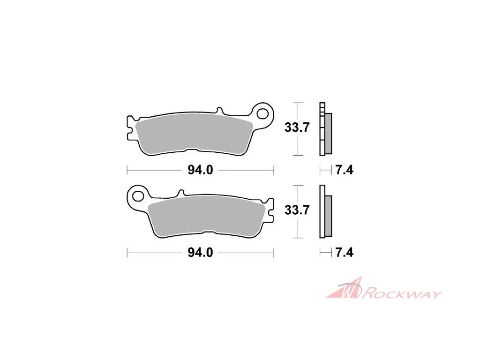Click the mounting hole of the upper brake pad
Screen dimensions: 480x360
tap(262, 114)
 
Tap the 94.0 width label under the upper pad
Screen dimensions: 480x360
tap(200, 170)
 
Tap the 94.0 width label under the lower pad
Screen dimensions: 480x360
tap(200, 253)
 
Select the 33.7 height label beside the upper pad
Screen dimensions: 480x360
tap(297, 127)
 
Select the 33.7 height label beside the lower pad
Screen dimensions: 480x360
tap(297, 210)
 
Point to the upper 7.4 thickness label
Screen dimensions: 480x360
tap(345, 170)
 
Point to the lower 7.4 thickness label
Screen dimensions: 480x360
tap(345, 253)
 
